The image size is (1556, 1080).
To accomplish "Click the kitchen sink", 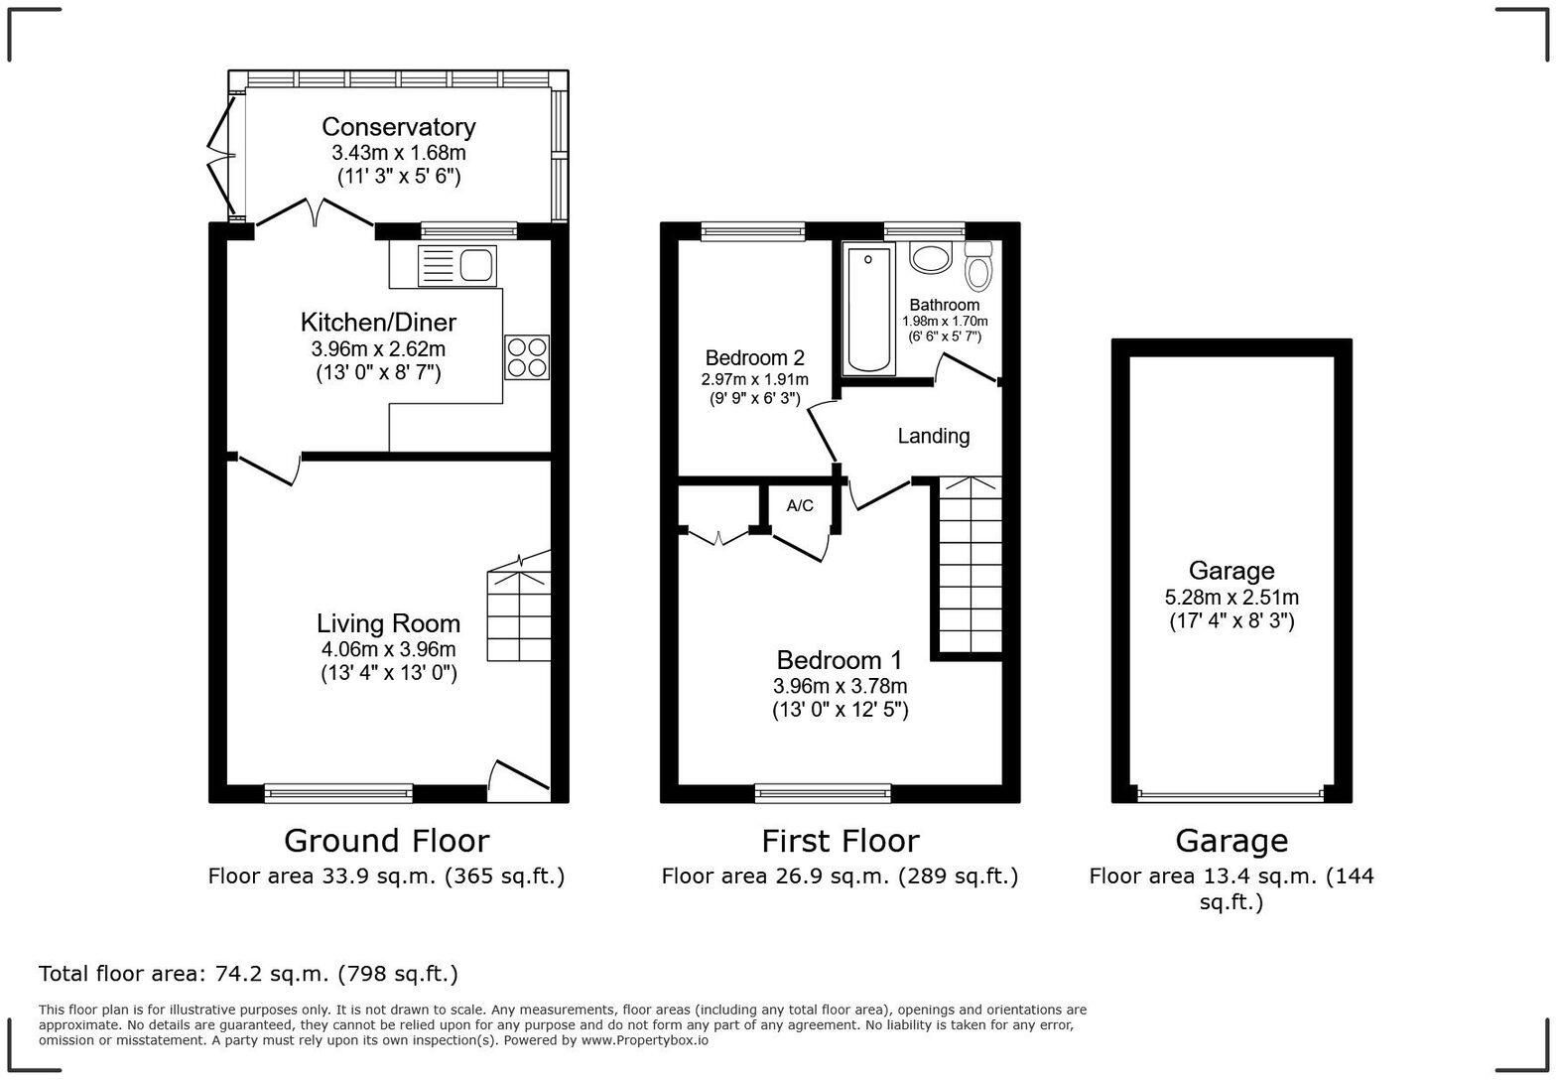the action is click(x=457, y=265).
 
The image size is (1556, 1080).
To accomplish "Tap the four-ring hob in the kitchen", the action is click(x=527, y=357).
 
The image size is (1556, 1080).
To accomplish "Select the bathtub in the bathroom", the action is click(x=868, y=310).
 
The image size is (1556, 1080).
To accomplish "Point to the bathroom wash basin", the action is click(x=930, y=258).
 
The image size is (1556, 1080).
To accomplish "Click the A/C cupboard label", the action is click(x=800, y=506).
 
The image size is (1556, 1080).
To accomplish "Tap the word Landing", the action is click(x=933, y=436).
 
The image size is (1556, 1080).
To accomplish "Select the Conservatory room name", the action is click(x=399, y=127).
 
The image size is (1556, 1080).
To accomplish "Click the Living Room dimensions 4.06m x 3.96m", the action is click(x=388, y=649).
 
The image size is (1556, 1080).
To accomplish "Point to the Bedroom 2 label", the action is click(x=754, y=358).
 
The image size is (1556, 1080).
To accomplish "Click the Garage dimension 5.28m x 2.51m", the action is click(x=1232, y=597).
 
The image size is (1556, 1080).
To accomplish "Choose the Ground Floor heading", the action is click(x=387, y=841).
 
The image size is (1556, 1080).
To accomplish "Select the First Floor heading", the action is click(x=841, y=841).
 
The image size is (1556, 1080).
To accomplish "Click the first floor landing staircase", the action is click(x=971, y=565).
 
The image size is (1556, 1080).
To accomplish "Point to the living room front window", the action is click(x=338, y=792).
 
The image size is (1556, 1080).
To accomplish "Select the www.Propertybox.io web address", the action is click(x=645, y=1040).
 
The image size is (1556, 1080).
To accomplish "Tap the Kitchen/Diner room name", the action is click(x=379, y=323).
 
